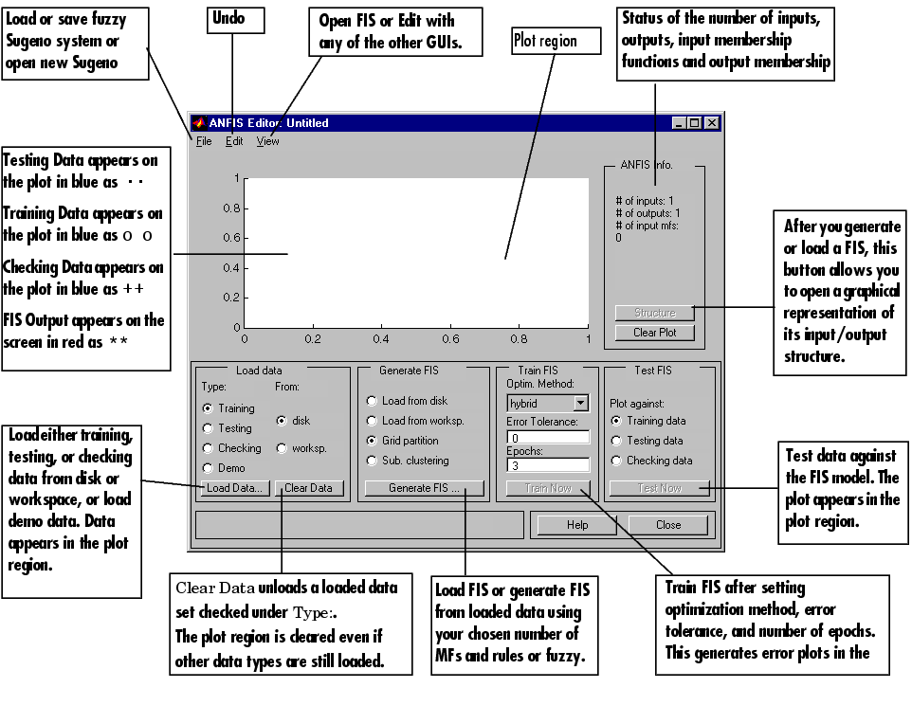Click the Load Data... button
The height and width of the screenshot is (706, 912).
(234, 488)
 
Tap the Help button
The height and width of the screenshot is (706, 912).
(576, 524)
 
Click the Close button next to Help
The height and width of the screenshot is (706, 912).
(667, 524)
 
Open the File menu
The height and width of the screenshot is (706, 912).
(204, 141)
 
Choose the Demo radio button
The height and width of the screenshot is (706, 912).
(209, 468)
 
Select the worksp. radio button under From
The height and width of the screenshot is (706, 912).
(283, 448)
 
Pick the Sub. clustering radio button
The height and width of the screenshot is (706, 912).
(373, 461)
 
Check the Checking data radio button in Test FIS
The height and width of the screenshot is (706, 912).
(617, 461)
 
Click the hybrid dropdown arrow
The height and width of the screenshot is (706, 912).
(580, 403)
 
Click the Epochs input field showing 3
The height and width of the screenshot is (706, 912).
(548, 465)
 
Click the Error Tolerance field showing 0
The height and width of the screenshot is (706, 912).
(548, 438)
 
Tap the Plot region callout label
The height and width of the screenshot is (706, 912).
(556, 41)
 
